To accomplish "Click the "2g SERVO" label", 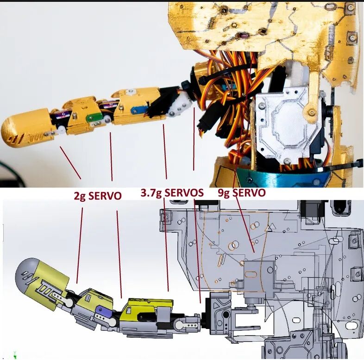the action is click(98, 196).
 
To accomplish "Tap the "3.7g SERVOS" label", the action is click(172, 193).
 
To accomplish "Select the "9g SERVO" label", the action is click(242, 193).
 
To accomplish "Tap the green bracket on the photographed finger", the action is click(94, 118).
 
